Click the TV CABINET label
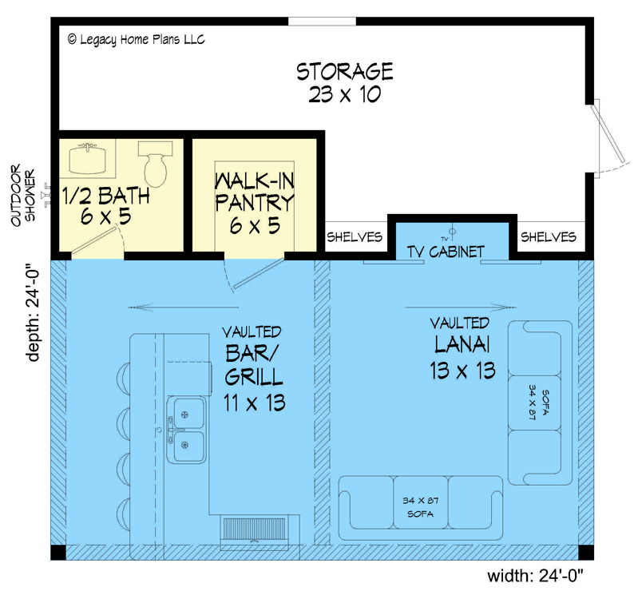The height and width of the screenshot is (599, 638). click(446, 252)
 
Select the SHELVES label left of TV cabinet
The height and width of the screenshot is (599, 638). click(355, 237)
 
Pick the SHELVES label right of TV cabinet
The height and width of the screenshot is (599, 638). click(548, 237)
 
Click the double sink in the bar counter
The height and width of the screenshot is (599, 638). click(187, 429)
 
